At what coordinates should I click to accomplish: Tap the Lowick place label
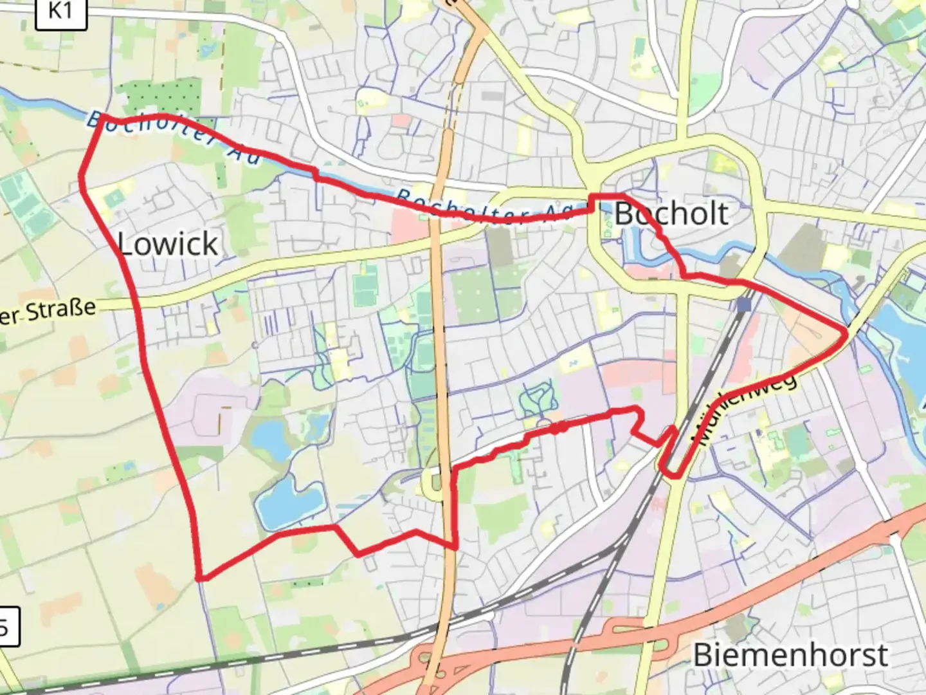[168, 244]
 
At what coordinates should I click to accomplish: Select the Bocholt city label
[671, 214]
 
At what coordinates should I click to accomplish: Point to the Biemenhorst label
[790, 655]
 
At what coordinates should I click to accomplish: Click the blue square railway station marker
[745, 304]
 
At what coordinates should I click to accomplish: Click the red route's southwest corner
[201, 577]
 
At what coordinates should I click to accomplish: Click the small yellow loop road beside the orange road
[432, 485]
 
